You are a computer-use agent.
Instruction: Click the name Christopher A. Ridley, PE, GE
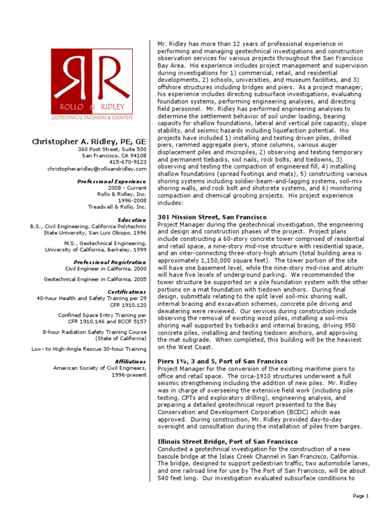[89, 141]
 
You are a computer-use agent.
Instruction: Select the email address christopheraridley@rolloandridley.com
[97, 169]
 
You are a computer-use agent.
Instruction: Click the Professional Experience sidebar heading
[112, 181]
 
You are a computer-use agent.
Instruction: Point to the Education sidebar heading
[132, 220]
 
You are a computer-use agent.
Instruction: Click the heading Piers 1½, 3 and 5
[223, 362]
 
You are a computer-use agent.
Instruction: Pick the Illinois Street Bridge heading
[228, 441]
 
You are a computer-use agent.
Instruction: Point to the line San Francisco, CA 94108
[114, 156]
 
